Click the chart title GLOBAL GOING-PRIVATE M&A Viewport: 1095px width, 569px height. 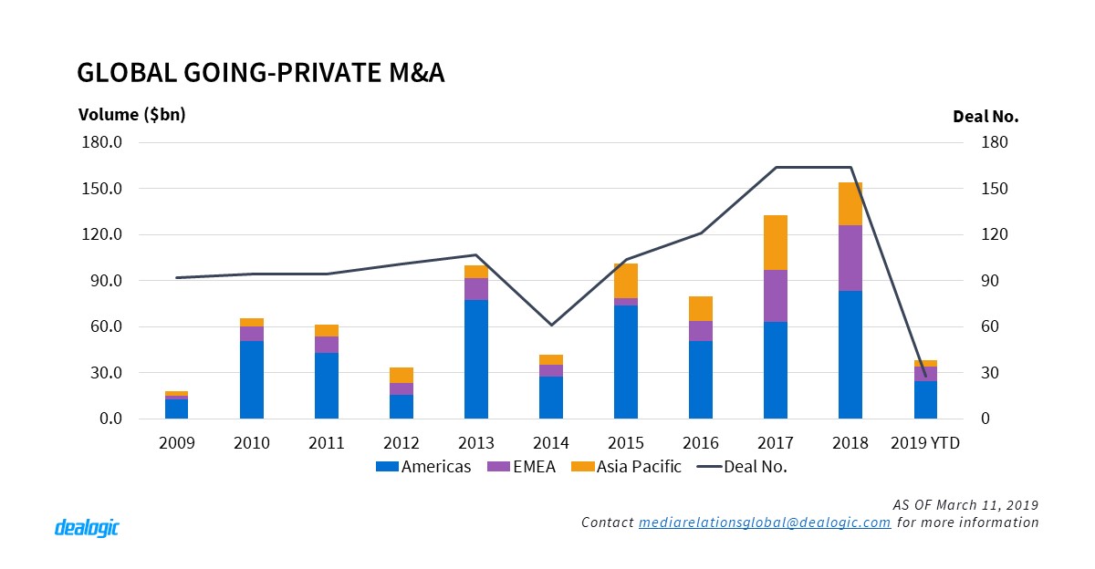[260, 74]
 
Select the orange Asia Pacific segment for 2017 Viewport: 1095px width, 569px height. [776, 243]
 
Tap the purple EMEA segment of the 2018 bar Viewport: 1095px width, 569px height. [850, 258]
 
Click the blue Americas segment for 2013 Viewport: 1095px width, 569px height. [476, 358]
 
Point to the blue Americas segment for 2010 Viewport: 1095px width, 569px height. [252, 379]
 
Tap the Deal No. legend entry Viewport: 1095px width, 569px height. [740, 467]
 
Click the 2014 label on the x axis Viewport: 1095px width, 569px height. [551, 443]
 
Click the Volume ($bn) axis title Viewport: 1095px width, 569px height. [131, 115]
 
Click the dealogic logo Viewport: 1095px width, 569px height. [88, 527]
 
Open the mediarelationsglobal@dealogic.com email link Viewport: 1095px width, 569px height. [765, 522]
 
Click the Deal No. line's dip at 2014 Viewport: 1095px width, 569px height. [551, 325]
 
